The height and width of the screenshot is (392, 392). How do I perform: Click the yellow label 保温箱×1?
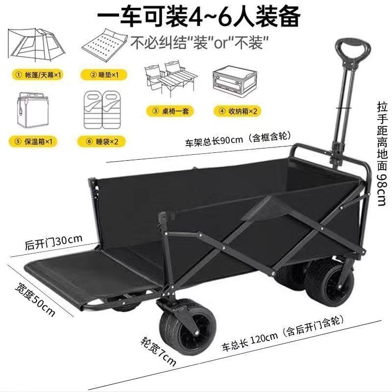pyautogui.click(x=34, y=142)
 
